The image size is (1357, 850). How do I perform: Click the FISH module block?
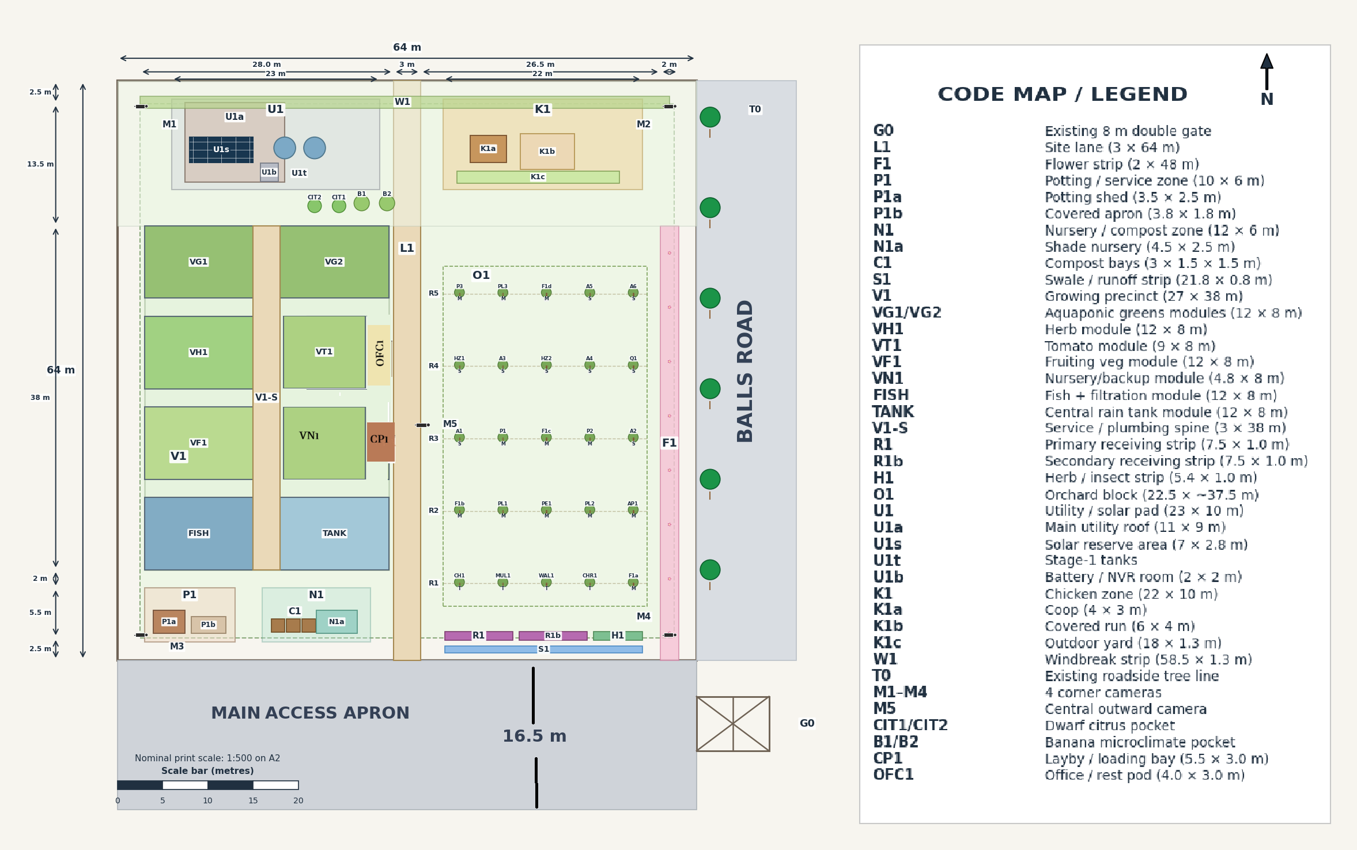[198, 533]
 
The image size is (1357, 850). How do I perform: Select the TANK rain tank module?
[334, 533]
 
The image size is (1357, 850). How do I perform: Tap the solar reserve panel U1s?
[221, 149]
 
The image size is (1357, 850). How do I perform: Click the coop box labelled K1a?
[488, 149]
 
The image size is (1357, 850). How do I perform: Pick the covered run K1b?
[547, 151]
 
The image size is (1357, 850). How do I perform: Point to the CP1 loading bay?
[380, 441]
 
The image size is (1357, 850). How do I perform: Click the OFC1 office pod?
[379, 354]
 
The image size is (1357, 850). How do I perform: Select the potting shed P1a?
[169, 622]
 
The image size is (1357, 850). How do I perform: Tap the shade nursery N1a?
[337, 622]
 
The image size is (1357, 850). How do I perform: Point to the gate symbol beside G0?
[733, 723]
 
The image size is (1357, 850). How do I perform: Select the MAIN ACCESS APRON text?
[310, 713]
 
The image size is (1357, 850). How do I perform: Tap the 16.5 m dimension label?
[534, 736]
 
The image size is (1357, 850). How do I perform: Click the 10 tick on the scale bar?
[207, 800]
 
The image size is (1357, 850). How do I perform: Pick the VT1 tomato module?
[324, 352]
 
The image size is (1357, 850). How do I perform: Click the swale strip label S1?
[543, 649]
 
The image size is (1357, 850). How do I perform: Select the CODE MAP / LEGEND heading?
[1062, 94]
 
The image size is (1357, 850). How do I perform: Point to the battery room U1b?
[269, 172]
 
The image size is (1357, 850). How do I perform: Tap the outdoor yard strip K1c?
[538, 177]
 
